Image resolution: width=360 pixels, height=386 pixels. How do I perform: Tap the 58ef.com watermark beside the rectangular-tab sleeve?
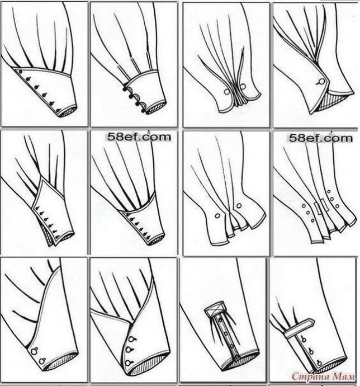321,138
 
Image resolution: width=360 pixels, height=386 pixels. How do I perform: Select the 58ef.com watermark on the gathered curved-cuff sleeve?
139,137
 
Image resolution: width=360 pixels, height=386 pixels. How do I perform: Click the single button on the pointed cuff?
321,82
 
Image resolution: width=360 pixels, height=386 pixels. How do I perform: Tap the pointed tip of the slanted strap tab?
314,322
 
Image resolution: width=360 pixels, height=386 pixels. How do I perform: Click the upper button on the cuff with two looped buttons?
34,350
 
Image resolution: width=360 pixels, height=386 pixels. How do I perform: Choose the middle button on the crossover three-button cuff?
128,349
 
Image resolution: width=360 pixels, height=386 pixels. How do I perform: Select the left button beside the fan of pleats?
226,92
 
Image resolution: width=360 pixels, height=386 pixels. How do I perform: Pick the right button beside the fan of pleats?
243,86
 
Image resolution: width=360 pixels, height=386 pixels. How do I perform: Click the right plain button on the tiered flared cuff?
239,205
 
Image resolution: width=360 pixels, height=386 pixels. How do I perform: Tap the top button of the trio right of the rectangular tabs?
329,191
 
